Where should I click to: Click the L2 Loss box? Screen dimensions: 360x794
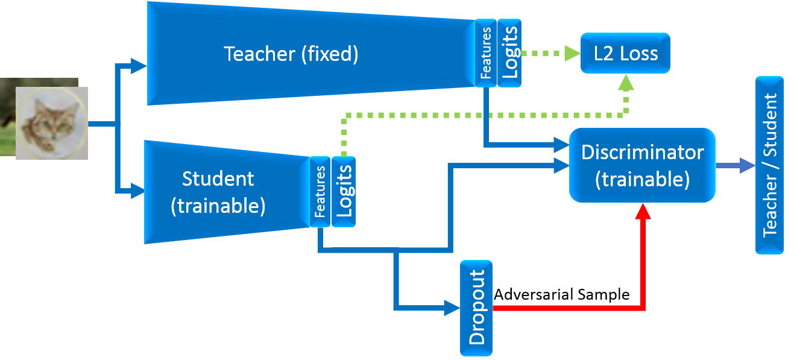click(625, 54)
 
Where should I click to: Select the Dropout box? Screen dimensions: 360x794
click(476, 308)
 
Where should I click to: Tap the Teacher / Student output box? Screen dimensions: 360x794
click(770, 165)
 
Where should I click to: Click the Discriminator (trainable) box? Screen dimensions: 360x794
click(642, 165)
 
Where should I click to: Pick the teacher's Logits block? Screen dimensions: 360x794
click(510, 53)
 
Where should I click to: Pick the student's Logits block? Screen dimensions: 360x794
click(344, 192)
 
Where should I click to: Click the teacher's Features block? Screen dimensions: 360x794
click(486, 53)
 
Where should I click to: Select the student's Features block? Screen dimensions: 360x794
click(320, 192)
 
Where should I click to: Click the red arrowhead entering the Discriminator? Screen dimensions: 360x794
click(643, 210)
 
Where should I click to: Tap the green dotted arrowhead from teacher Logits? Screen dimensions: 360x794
click(570, 54)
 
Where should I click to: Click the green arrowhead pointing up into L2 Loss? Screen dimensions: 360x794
click(626, 81)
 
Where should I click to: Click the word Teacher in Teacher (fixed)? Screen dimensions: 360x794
click(259, 54)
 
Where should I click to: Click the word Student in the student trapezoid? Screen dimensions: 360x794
click(218, 179)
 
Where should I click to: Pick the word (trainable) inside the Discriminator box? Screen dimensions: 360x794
click(642, 179)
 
